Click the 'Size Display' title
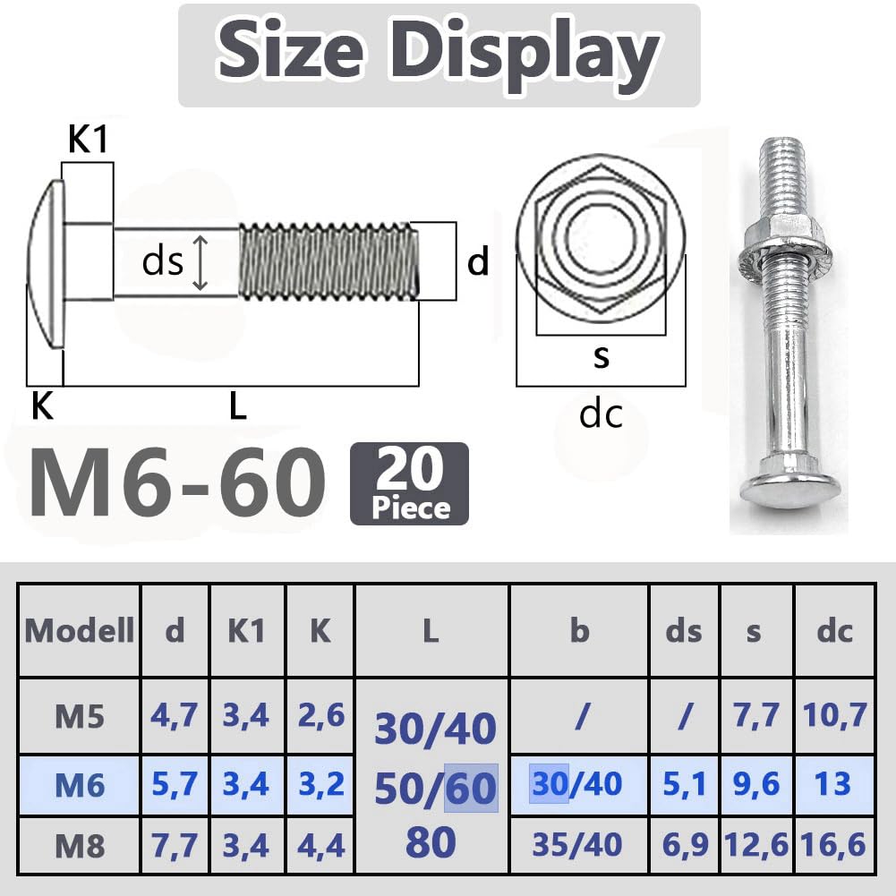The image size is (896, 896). [439, 51]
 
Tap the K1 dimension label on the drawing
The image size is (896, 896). [88, 139]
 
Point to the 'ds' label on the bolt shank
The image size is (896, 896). [162, 261]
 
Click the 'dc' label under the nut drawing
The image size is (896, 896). [600, 414]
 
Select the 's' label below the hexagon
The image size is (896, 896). [602, 356]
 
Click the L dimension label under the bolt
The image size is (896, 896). [238, 406]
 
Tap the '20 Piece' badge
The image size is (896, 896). [409, 483]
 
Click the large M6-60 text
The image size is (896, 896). [178, 482]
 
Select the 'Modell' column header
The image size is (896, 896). [80, 631]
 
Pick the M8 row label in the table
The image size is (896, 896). [80, 846]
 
